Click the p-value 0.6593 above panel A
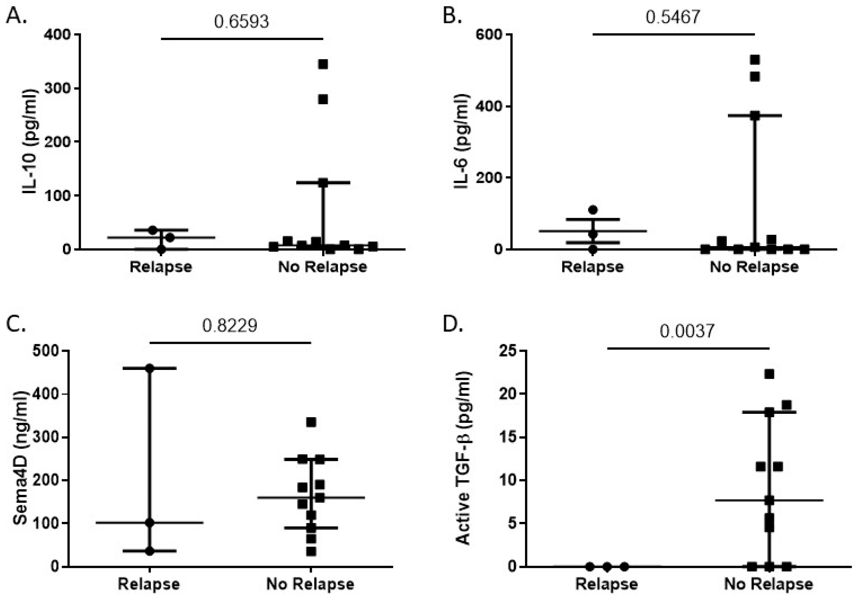tap(241, 21)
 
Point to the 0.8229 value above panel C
tap(229, 326)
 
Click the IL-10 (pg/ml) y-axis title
tap(30, 141)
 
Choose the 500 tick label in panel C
tap(46, 351)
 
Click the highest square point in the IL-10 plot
tap(323, 64)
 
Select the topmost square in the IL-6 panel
tap(755, 60)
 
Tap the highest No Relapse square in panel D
tap(769, 374)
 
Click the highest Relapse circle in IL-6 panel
tap(593, 210)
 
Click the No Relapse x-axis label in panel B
tap(754, 267)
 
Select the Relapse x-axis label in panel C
tap(149, 584)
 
